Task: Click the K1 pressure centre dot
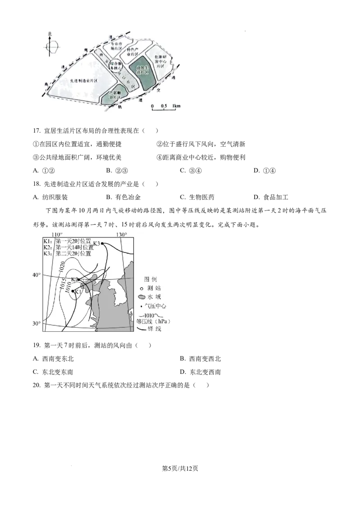point(72,291)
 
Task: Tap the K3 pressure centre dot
point(103,243)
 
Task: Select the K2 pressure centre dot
point(79,279)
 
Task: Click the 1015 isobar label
point(62,284)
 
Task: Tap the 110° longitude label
point(57,234)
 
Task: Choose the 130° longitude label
point(121,234)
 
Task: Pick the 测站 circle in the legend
point(141,288)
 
